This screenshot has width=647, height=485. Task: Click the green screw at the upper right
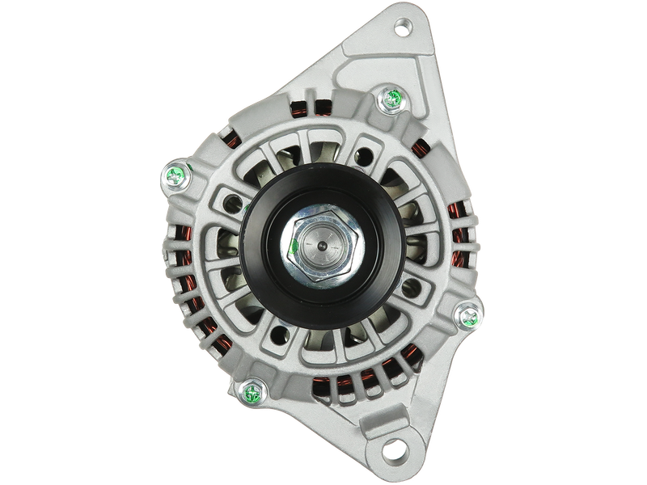coord(391,99)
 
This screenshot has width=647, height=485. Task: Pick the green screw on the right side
coord(467,314)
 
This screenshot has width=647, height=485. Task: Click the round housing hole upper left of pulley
coord(234,196)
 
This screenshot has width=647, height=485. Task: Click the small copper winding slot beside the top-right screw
coord(421,146)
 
